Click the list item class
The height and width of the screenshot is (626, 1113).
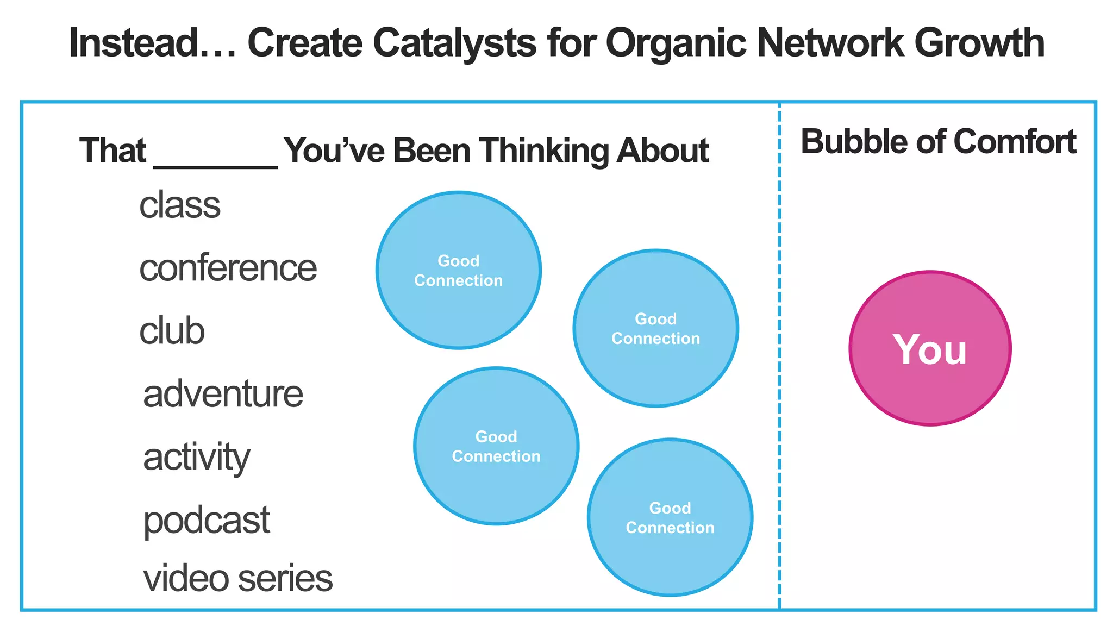click(x=180, y=205)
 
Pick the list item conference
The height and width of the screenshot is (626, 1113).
click(x=228, y=268)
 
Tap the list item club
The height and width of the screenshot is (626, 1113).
click(x=172, y=331)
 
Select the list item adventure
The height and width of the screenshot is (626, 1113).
click(x=223, y=394)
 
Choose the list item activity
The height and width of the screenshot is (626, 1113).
click(x=196, y=458)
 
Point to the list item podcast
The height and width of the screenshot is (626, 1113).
click(x=207, y=521)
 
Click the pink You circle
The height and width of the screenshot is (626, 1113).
click(x=930, y=348)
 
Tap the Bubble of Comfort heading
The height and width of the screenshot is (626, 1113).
click(x=938, y=142)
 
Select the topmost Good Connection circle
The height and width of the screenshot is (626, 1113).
click(x=458, y=270)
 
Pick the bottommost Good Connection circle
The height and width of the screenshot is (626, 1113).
click(x=670, y=517)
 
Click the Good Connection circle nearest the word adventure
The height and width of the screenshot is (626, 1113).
click(x=496, y=446)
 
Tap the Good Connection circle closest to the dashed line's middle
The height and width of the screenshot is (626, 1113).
click(x=655, y=328)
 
